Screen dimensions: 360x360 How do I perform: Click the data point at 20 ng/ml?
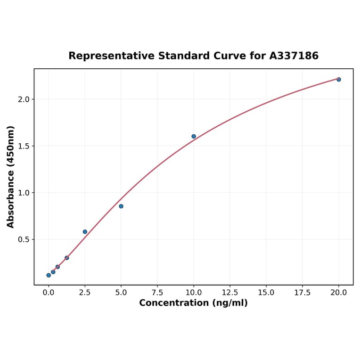pos(338,80)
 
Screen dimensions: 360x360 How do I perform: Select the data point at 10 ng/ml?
pos(194,136)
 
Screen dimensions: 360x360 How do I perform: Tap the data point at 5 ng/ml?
pos(121,206)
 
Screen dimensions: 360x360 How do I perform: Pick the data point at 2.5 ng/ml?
pos(85,232)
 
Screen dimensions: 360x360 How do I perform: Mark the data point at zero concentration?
pos(49,275)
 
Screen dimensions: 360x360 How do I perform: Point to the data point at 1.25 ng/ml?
pos(67,258)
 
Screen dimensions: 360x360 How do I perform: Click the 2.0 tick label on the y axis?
pos(24,99)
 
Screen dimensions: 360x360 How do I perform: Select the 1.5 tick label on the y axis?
pos(24,146)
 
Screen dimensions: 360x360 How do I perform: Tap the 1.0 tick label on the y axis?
pos(24,193)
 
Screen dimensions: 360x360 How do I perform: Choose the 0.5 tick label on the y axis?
pos(24,239)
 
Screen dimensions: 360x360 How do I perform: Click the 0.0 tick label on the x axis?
pos(49,293)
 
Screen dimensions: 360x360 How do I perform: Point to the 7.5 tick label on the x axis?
pos(157,293)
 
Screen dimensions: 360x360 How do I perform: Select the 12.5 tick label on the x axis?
pos(230,293)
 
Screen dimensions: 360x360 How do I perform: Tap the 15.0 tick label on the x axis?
pos(266,293)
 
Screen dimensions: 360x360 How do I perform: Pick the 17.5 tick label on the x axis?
pos(303,293)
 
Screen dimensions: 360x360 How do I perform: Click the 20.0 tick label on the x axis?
pos(339,293)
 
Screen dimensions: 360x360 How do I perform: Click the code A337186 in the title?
pos(294,56)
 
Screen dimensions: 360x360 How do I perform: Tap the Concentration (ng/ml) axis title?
pos(193,303)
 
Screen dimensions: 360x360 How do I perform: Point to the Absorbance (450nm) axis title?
pos(11,177)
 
